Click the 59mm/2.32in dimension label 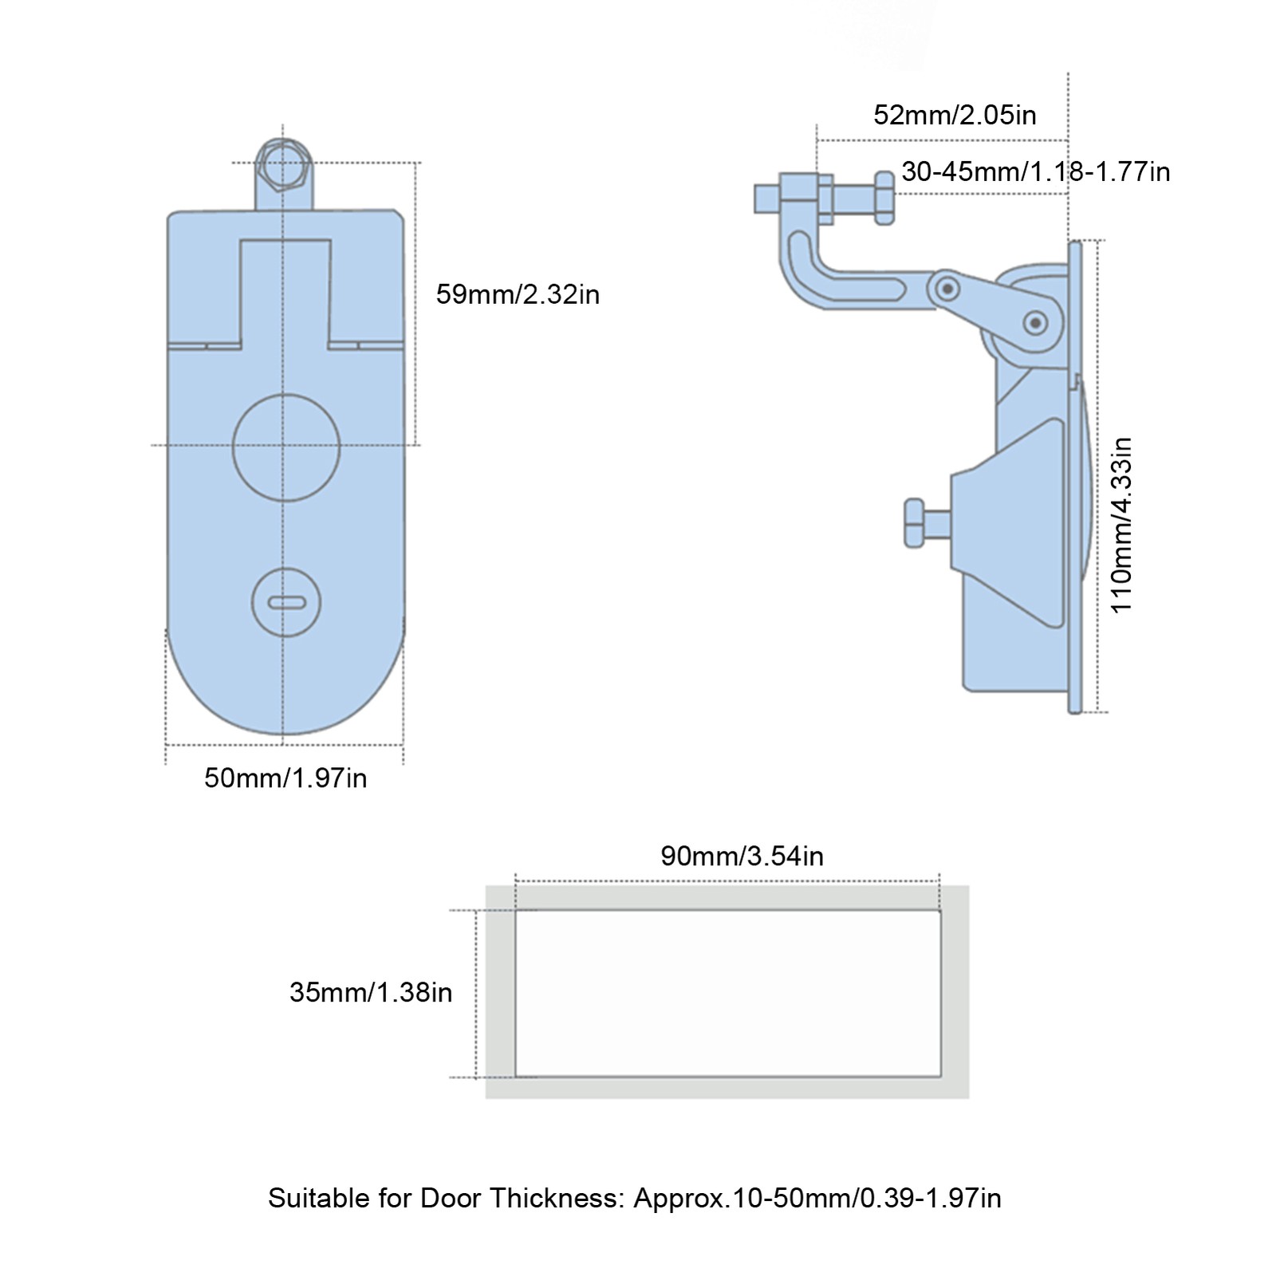(x=517, y=295)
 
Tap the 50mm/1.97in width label (x=286, y=778)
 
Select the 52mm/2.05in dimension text (x=955, y=115)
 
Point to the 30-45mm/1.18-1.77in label (x=1035, y=171)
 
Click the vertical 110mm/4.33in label (x=1121, y=525)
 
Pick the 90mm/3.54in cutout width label (x=742, y=856)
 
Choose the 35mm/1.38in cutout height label (x=371, y=992)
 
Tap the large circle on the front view (x=286, y=447)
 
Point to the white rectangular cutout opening (x=727, y=993)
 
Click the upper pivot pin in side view (x=947, y=287)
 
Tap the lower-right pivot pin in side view (x=1036, y=323)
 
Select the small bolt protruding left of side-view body (x=925, y=523)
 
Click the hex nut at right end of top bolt (x=884, y=197)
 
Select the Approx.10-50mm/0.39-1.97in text (x=817, y=1198)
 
